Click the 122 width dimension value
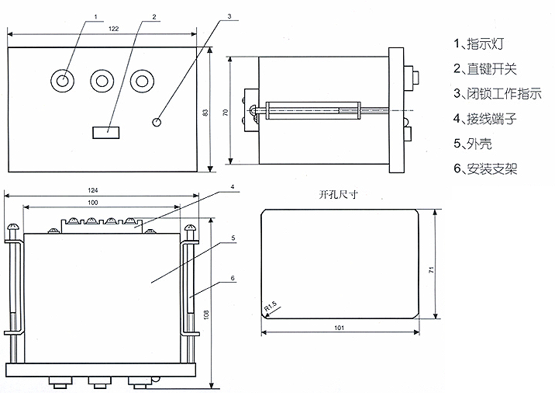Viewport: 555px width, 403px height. click(113, 29)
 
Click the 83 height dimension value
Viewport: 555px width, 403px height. click(205, 113)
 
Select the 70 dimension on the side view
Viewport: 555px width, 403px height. click(226, 113)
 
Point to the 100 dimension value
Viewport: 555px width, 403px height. click(92, 203)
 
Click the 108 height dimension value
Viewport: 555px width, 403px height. click(205, 316)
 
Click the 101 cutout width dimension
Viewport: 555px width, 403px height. click(340, 328)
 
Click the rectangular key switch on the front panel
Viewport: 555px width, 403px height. click(105, 132)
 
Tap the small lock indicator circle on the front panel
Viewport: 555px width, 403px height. click(158, 121)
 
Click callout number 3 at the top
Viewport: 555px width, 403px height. click(229, 15)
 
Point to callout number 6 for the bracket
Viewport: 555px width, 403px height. click(233, 278)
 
